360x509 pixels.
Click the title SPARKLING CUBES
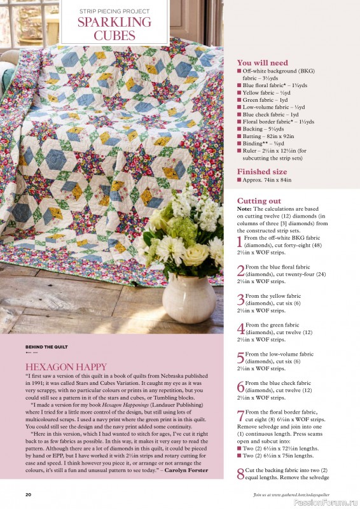pyautogui.click(x=114, y=29)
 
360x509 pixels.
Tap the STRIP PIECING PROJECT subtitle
pyautogui.click(x=114, y=11)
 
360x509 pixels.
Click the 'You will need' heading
pyautogui.click(x=262, y=63)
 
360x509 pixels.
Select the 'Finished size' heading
pyautogui.click(x=261, y=172)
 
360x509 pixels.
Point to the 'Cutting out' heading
pyautogui.click(x=260, y=201)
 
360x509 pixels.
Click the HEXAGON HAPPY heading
pyautogui.click(x=66, y=367)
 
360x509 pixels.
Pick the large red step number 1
pyautogui.click(x=240, y=242)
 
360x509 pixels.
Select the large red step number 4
pyautogui.click(x=240, y=329)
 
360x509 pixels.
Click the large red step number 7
pyautogui.click(x=240, y=416)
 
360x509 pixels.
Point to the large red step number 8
pyautogui.click(x=240, y=473)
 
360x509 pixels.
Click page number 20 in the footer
pyautogui.click(x=28, y=494)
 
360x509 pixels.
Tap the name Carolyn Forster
pyautogui.click(x=190, y=471)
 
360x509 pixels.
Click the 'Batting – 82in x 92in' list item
pyautogui.click(x=270, y=137)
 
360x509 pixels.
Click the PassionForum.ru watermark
pyautogui.click(x=324, y=500)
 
